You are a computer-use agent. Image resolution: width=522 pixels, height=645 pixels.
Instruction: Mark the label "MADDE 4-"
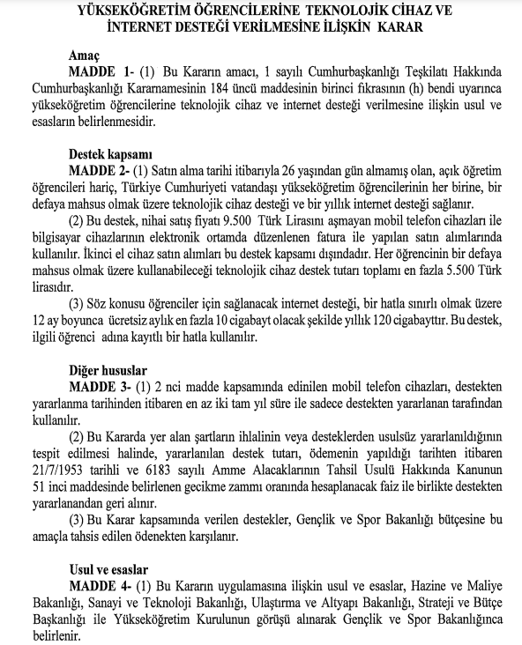(x=99, y=584)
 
